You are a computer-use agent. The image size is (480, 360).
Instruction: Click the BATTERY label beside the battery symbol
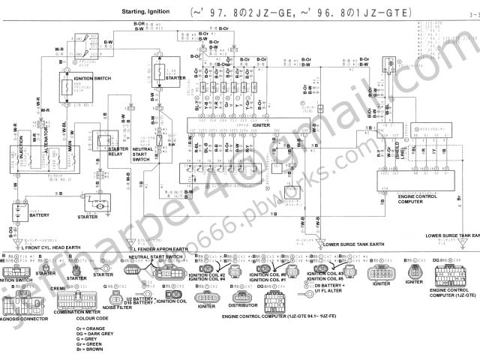[39, 215]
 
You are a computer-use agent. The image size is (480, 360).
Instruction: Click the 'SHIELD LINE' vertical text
[402, 147]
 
